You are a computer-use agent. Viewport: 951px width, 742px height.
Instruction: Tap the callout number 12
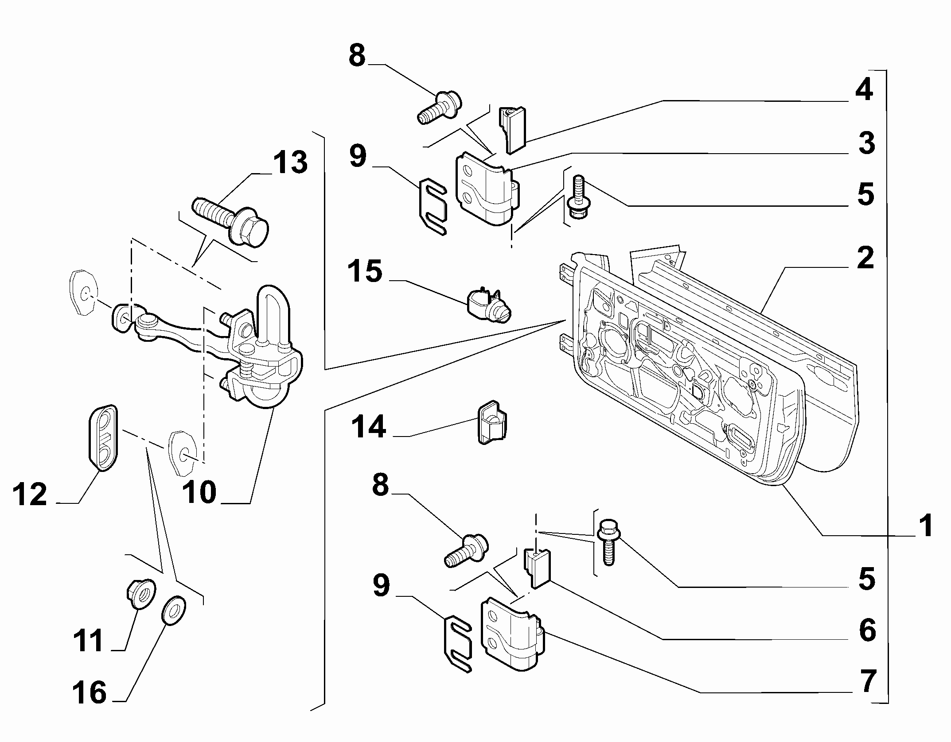pos(30,495)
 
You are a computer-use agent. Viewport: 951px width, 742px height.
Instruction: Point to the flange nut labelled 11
pos(140,595)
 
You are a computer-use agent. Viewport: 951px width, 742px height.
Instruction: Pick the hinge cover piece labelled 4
pos(513,130)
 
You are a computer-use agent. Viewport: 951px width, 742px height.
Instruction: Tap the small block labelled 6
pos(537,568)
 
